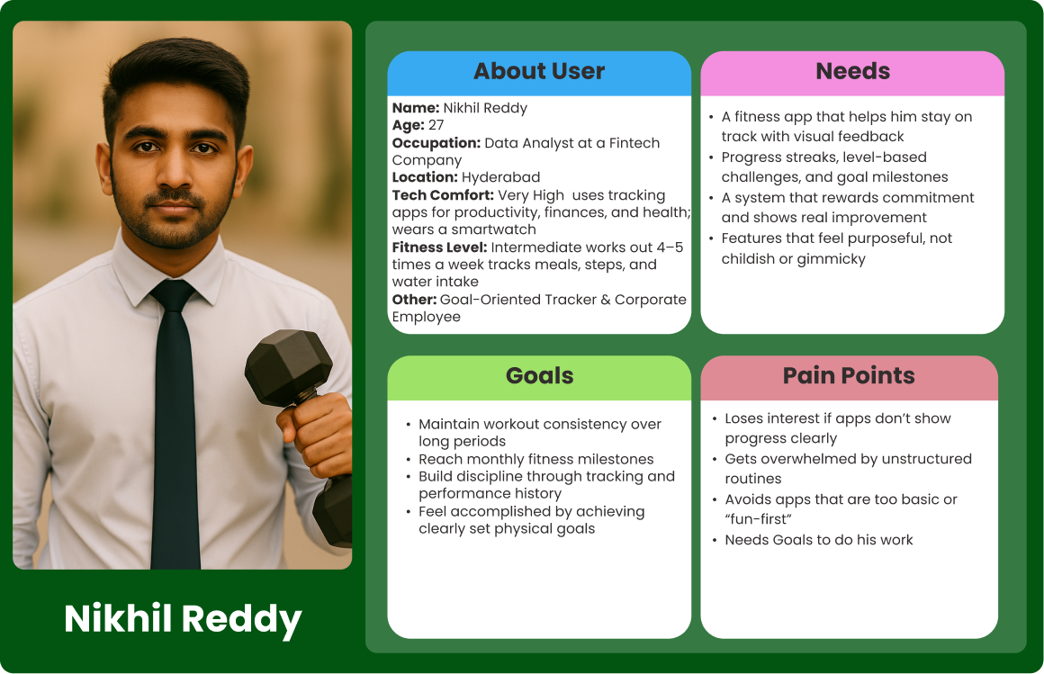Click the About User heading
pos(538,71)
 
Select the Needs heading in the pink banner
pos(852,71)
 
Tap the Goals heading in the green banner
pos(539,375)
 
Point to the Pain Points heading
pos(849,375)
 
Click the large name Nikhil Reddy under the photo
pos(183,619)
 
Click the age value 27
pos(436,125)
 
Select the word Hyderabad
pos(500,178)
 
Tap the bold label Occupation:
pos(436,143)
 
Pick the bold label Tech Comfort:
pos(443,195)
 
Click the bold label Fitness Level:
pos(439,247)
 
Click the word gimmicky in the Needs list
pos(832,259)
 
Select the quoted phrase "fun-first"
pos(759,519)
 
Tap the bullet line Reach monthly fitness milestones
pos(536,460)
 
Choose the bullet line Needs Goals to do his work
pos(819,540)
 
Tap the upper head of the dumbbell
pos(288,367)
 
